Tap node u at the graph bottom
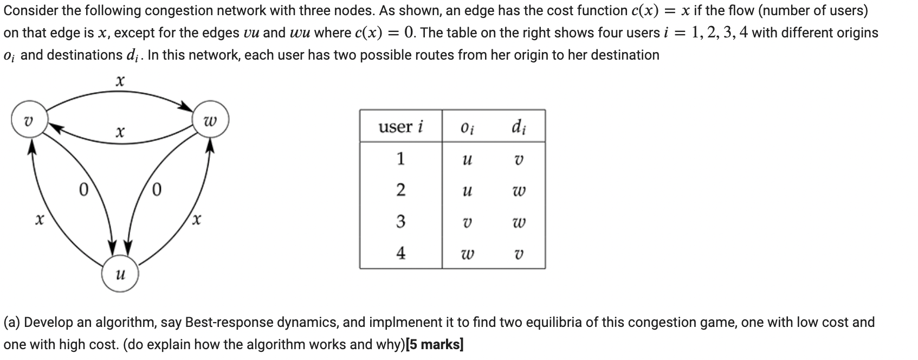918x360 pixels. click(x=120, y=274)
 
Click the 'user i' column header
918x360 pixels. click(x=400, y=127)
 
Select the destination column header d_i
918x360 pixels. click(x=518, y=127)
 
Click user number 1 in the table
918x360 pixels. click(x=400, y=159)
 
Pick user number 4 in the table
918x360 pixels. click(x=400, y=253)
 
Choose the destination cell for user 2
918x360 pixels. click(x=518, y=191)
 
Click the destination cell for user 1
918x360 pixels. click(x=518, y=160)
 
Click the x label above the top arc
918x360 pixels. click(x=120, y=81)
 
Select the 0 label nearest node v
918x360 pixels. click(x=83, y=190)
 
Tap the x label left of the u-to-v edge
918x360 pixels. click(x=38, y=220)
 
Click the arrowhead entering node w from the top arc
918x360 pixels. click(x=188, y=107)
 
